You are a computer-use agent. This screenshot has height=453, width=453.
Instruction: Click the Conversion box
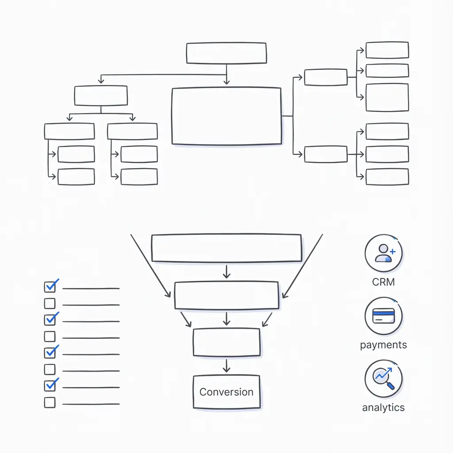click(x=226, y=392)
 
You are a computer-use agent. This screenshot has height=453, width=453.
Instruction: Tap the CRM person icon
click(x=384, y=253)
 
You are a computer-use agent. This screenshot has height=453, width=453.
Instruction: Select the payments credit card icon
click(x=384, y=316)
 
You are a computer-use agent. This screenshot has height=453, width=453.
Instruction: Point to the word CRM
click(x=384, y=282)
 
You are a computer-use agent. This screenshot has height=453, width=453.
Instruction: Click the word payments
click(x=384, y=345)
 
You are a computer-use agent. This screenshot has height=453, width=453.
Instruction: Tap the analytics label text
click(x=384, y=407)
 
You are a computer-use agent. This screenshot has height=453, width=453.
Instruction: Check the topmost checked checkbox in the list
click(x=50, y=287)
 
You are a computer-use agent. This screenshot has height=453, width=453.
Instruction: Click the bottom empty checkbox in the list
click(x=50, y=403)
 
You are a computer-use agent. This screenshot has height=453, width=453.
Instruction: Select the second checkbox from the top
click(x=50, y=303)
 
